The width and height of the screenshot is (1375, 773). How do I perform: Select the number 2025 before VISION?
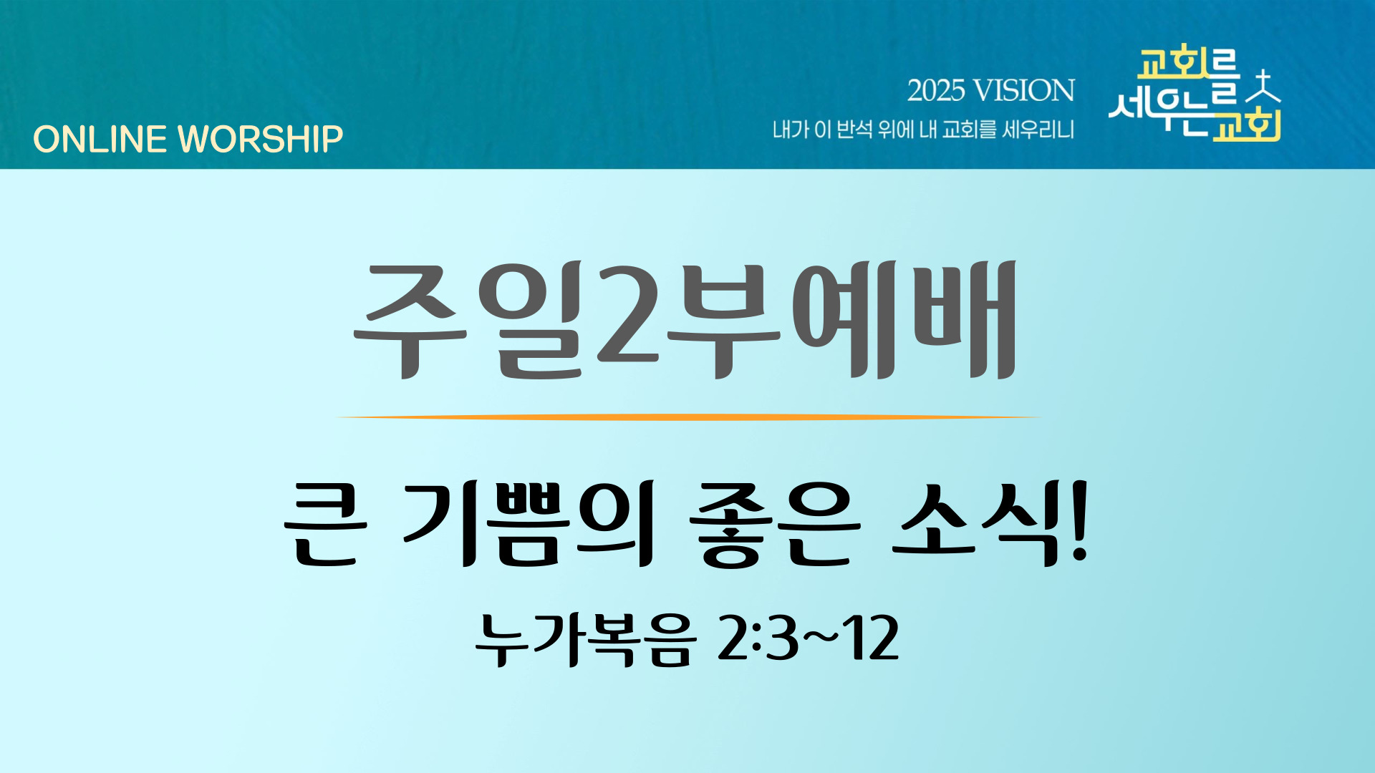coord(936,91)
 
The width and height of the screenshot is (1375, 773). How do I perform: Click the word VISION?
coord(1025,91)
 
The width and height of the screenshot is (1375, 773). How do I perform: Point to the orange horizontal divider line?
coord(687,417)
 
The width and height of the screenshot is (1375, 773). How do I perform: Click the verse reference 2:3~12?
coord(808,638)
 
